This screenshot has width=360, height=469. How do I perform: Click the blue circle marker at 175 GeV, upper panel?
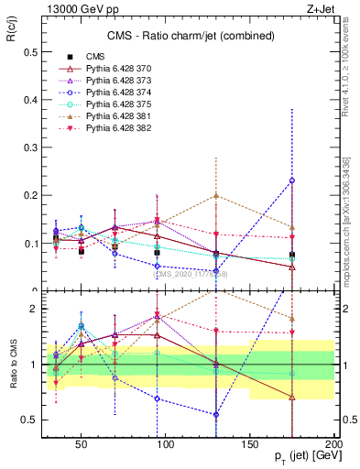292,180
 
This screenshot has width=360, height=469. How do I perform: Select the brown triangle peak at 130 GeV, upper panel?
215,195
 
